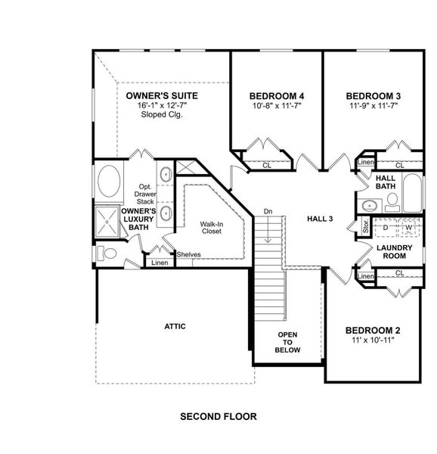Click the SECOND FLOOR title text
pos(218,416)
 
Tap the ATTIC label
pos(175,326)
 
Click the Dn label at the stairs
pos(268,211)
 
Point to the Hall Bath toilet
pos(392,201)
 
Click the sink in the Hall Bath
pos(370,204)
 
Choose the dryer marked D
pos(385,227)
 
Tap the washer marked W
pos(408,227)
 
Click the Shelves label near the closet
pos(188,254)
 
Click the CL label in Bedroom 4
pos(267,164)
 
